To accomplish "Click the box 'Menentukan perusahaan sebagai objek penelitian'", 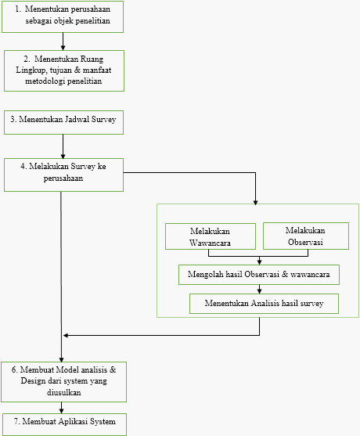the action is [x=63, y=16].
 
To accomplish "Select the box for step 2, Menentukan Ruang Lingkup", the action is [x=64, y=70].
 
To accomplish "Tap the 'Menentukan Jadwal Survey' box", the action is [x=63, y=122].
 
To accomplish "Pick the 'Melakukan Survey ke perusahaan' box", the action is [x=63, y=175].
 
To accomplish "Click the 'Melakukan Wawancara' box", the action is [x=211, y=236].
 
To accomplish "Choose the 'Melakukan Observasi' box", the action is [x=306, y=236].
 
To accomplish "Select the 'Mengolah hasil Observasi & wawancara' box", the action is [x=259, y=275].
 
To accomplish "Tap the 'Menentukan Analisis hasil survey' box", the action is [x=264, y=304].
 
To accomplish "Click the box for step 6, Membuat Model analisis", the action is [x=63, y=382].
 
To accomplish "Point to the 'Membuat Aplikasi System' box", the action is [x=64, y=424].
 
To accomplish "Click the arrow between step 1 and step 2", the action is [x=63, y=41].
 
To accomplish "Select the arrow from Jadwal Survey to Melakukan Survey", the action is [x=63, y=146].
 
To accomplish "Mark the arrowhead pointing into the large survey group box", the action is [x=255, y=203].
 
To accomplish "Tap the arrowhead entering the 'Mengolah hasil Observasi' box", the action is [x=259, y=262].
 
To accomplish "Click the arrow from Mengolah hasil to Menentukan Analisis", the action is [x=259, y=289].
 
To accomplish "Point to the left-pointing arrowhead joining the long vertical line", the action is [x=66, y=335].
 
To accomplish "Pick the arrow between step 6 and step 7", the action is [x=62, y=408].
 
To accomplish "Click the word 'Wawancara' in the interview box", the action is [x=210, y=243].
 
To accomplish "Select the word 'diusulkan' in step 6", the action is [x=64, y=392].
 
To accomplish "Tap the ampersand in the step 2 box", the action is [x=77, y=70].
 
